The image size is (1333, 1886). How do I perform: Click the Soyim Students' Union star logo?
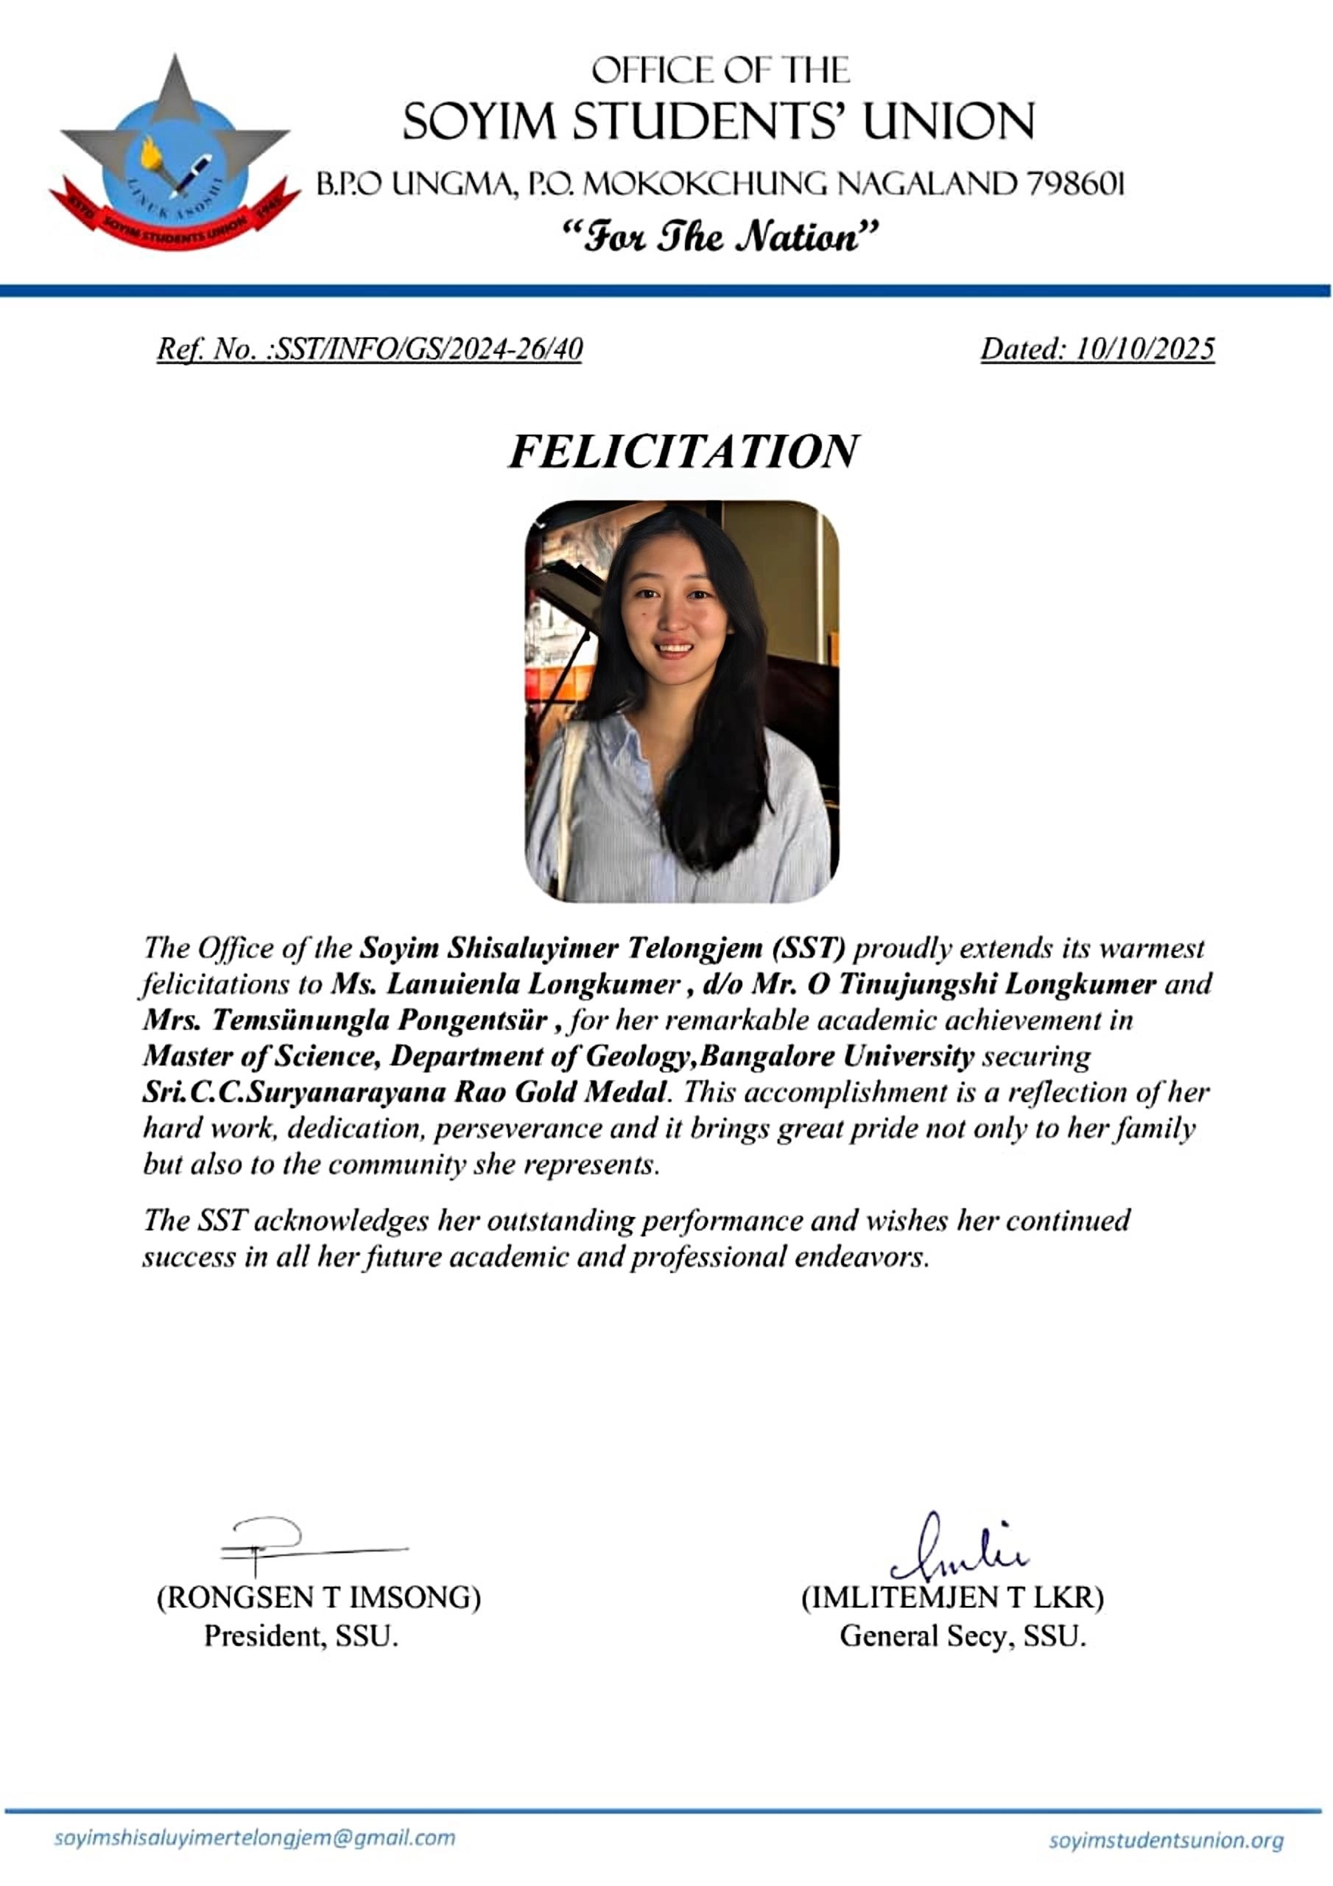[174, 152]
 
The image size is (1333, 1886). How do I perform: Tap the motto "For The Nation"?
[720, 238]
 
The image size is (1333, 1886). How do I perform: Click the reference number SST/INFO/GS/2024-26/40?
[427, 349]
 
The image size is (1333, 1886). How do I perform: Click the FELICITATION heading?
[683, 451]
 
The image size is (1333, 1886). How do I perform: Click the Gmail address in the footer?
[254, 1837]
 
